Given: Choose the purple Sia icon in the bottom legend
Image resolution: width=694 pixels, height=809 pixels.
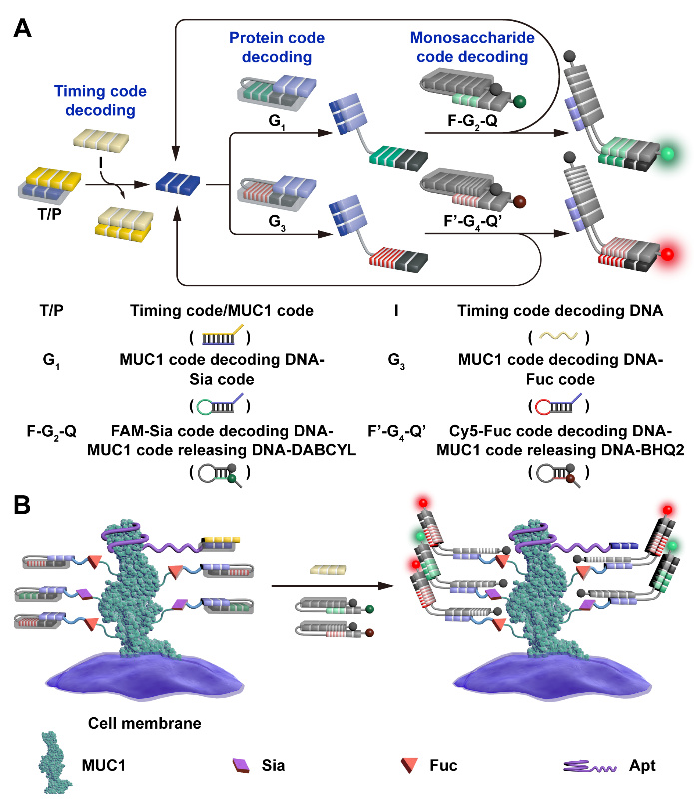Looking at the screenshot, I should [239, 769].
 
